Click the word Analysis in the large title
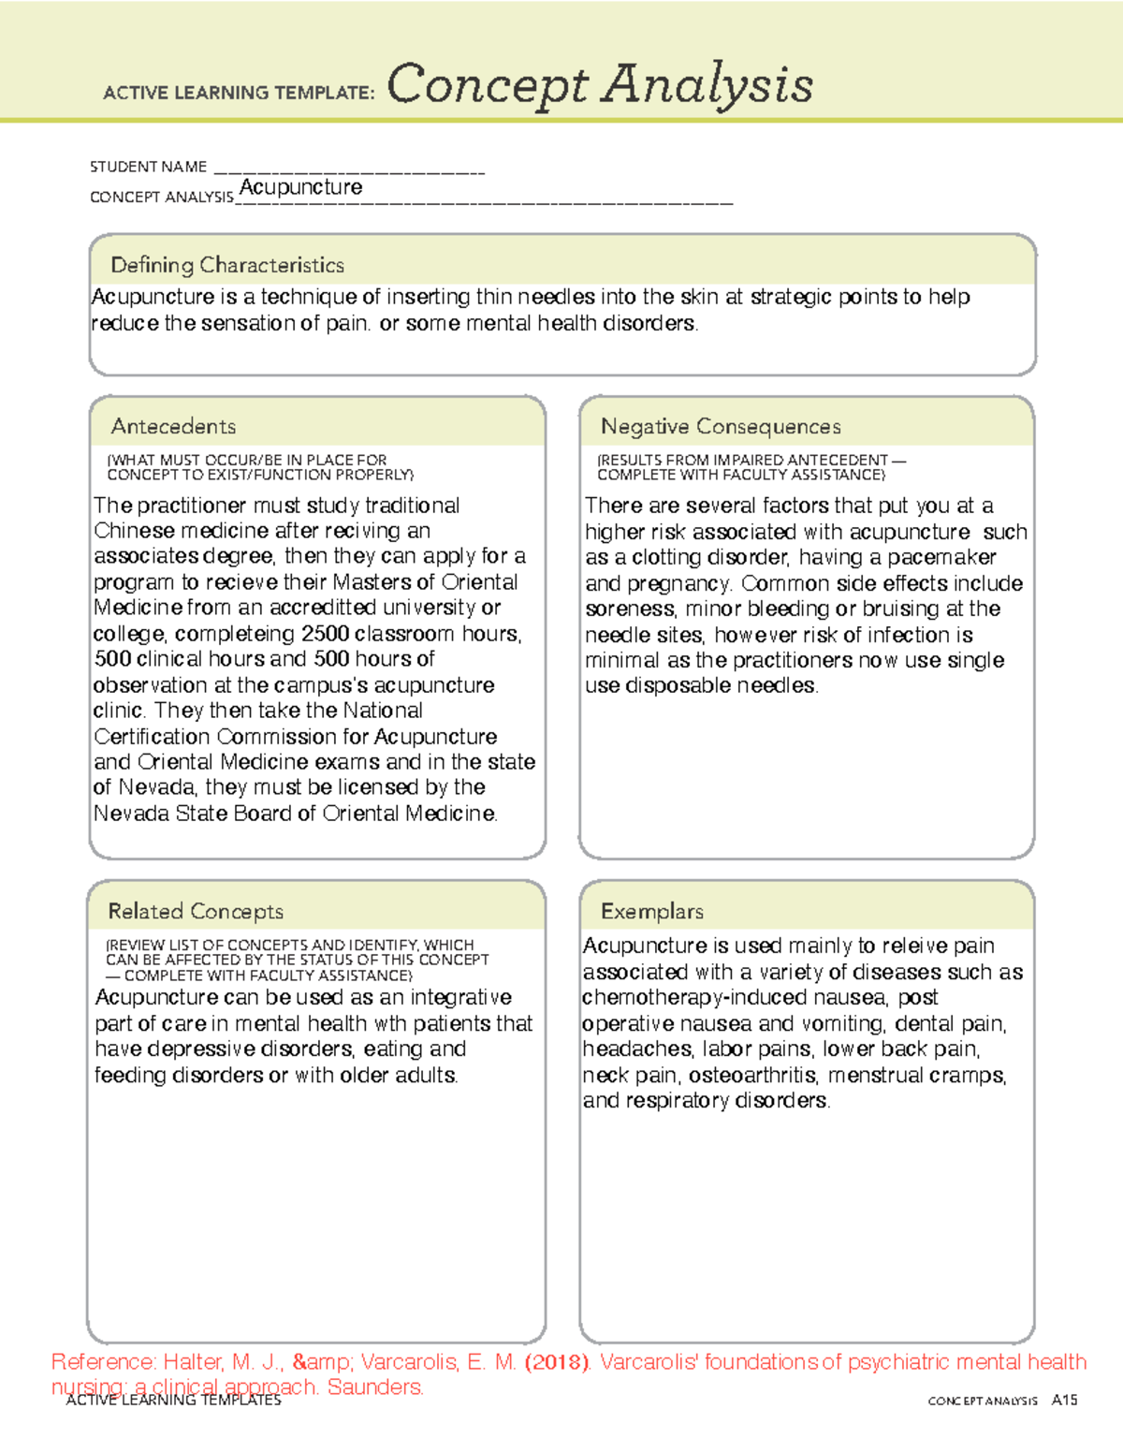click(x=707, y=85)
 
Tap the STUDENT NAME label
click(x=148, y=167)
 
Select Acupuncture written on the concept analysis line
click(x=300, y=187)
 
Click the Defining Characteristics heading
click(x=227, y=265)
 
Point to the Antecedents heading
click(x=173, y=426)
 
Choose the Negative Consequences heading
click(x=721, y=426)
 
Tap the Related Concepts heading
click(x=196, y=911)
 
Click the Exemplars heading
click(x=652, y=911)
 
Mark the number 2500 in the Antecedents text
click(x=326, y=634)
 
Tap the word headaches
click(x=638, y=1049)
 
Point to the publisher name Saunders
click(x=376, y=1387)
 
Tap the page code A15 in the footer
click(x=1064, y=1401)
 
